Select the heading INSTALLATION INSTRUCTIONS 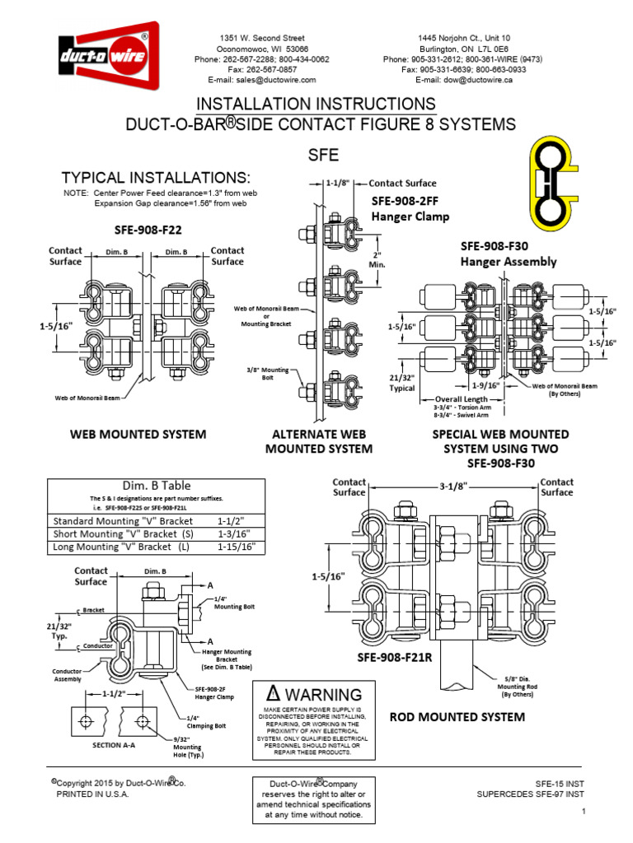(x=316, y=104)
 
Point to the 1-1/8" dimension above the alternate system (x=340, y=184)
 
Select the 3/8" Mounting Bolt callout (x=270, y=375)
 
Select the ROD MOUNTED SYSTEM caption (x=457, y=717)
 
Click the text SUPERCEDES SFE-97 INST (x=531, y=794)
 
